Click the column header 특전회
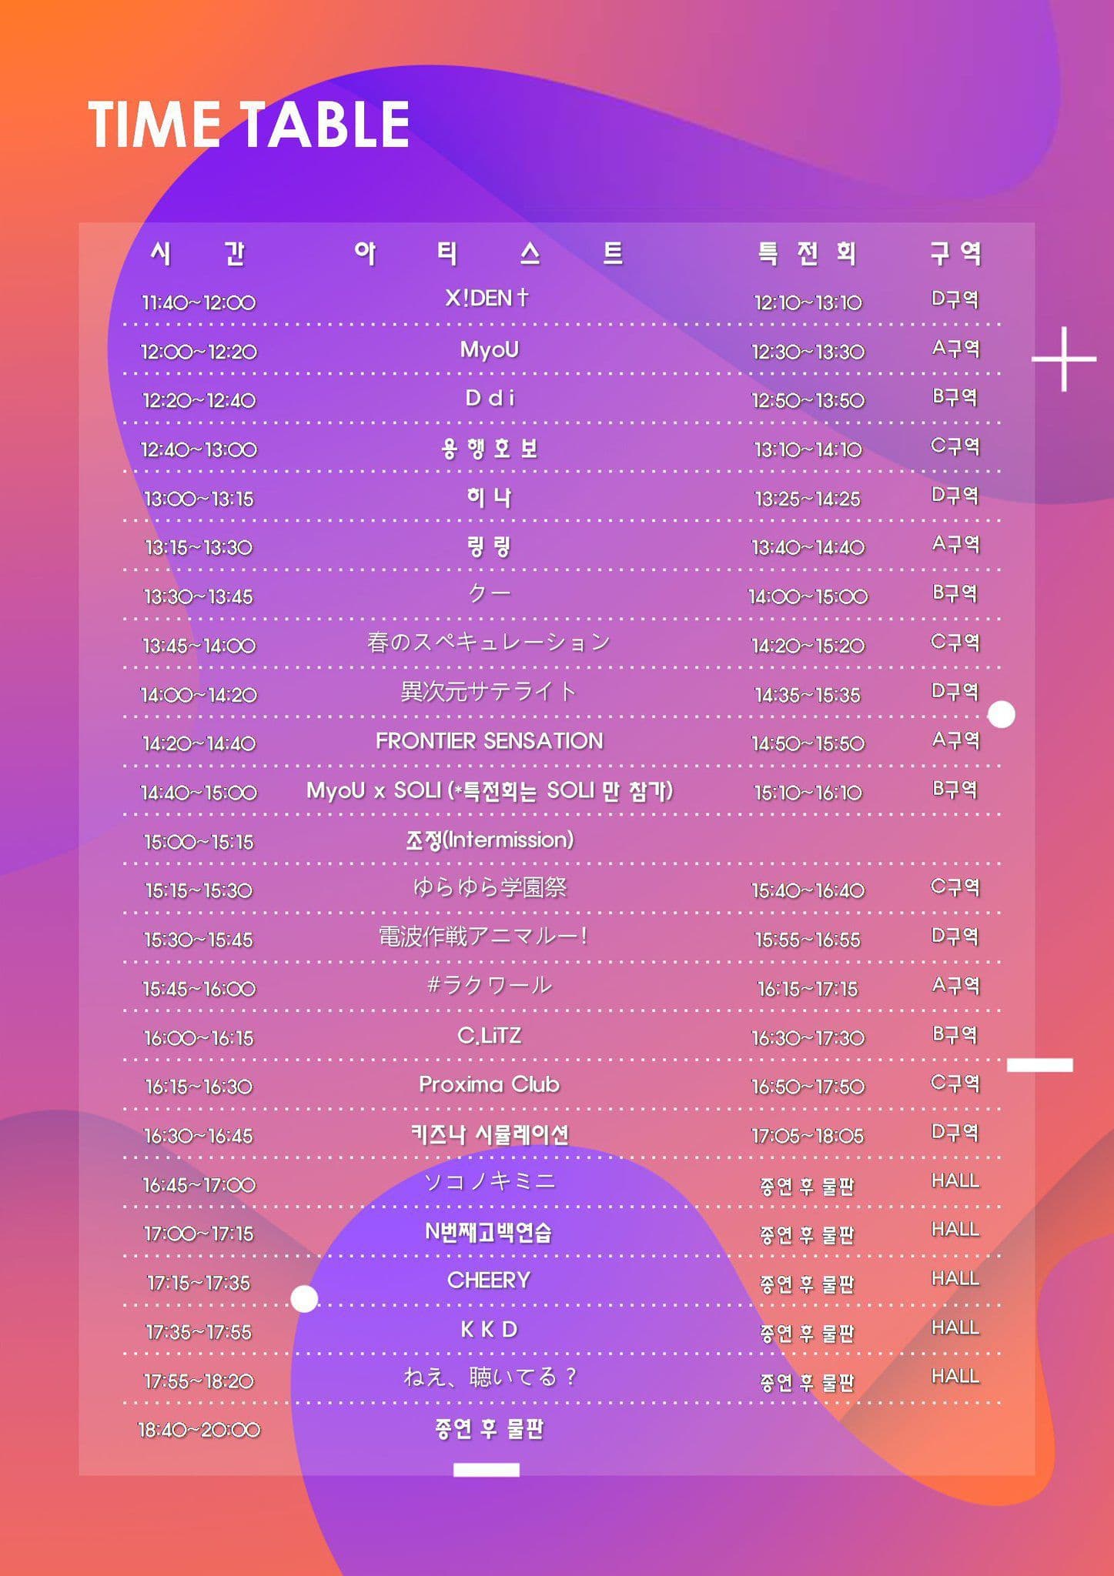pos(807,253)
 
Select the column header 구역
pos(955,253)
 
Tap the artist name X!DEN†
pos(488,298)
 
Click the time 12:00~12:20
pos(199,352)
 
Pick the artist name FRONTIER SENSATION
pos(489,740)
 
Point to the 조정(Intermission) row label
pos(490,840)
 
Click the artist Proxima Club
pos(489,1084)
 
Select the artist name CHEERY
pos(489,1280)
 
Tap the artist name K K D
pos(489,1329)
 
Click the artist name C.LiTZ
pos(489,1035)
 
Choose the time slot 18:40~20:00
pos(199,1430)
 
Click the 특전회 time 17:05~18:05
pos(808,1136)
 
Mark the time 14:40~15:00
pos(199,793)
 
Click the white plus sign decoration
pos(1064,359)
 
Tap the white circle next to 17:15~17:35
pos(304,1299)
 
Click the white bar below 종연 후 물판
pos(486,1470)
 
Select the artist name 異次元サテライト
pos(489,692)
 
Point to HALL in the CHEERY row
pos(955,1279)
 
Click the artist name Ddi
pos(490,399)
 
